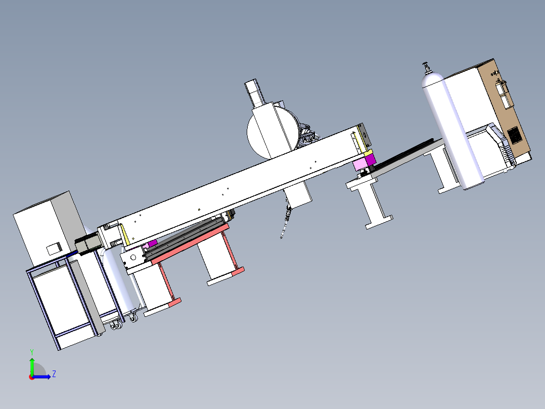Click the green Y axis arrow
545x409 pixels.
coord(32,366)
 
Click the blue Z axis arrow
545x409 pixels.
coord(41,377)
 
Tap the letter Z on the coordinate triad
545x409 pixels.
coord(54,374)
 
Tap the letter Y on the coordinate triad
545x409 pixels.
coord(32,352)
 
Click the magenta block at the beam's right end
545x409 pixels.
coord(370,159)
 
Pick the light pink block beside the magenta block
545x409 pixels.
coord(360,164)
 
